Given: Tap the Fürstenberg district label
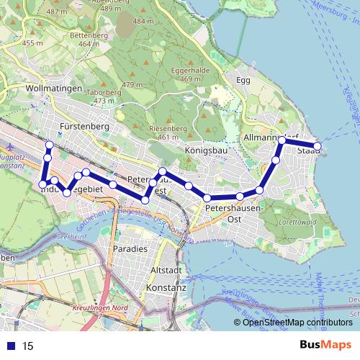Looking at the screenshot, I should [84, 126].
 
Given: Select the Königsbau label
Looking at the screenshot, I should [206, 151].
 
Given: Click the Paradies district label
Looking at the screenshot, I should [130, 248].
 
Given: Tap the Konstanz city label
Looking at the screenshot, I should [166, 287].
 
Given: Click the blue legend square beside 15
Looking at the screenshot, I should [9, 346].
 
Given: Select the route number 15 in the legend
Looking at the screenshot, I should [28, 346].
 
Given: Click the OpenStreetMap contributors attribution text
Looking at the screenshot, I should [297, 323].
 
